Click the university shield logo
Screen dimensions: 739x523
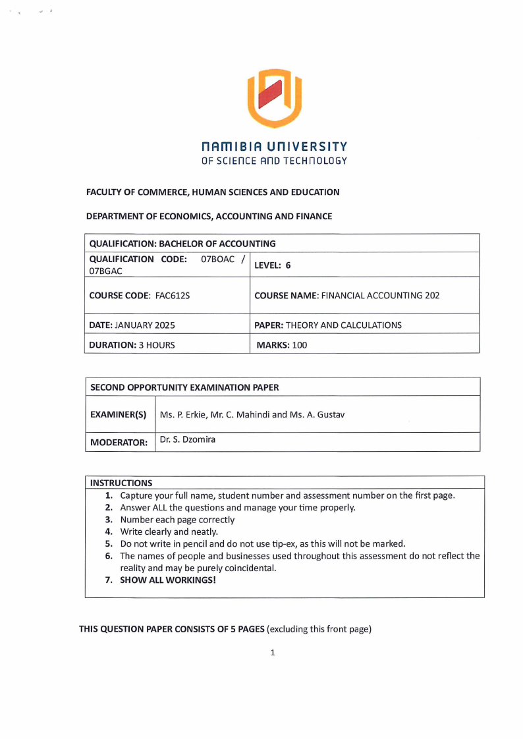click(x=274, y=99)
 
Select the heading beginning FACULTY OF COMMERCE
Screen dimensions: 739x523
click(x=213, y=192)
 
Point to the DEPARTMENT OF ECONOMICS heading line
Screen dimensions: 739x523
click(x=209, y=216)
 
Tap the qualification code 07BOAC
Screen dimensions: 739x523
click(x=217, y=259)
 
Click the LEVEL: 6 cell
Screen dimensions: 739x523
click(x=272, y=265)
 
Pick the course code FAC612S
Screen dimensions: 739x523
click(x=173, y=296)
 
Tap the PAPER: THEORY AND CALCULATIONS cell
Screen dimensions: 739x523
click(x=327, y=325)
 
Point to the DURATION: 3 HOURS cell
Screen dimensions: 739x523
click(x=132, y=344)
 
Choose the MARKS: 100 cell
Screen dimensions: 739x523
click(x=281, y=344)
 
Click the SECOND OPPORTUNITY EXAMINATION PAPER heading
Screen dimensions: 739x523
click(x=184, y=387)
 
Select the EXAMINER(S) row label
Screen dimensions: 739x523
click(x=118, y=414)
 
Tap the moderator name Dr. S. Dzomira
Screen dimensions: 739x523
click(x=188, y=439)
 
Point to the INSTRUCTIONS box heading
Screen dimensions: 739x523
click(x=121, y=483)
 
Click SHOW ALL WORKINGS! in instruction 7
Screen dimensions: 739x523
click(x=168, y=580)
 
